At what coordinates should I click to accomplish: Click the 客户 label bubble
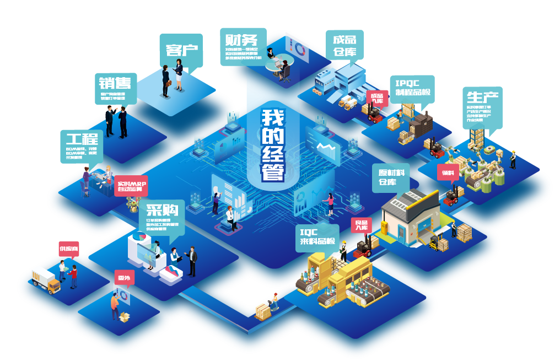[x=181, y=50]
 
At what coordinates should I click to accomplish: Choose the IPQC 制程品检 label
[x=412, y=88]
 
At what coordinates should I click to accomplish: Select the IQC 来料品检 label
[x=316, y=237]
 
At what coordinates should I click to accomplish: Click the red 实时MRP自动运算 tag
[x=132, y=186]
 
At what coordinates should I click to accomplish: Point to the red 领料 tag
[x=448, y=173]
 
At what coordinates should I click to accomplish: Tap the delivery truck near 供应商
[x=46, y=279]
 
